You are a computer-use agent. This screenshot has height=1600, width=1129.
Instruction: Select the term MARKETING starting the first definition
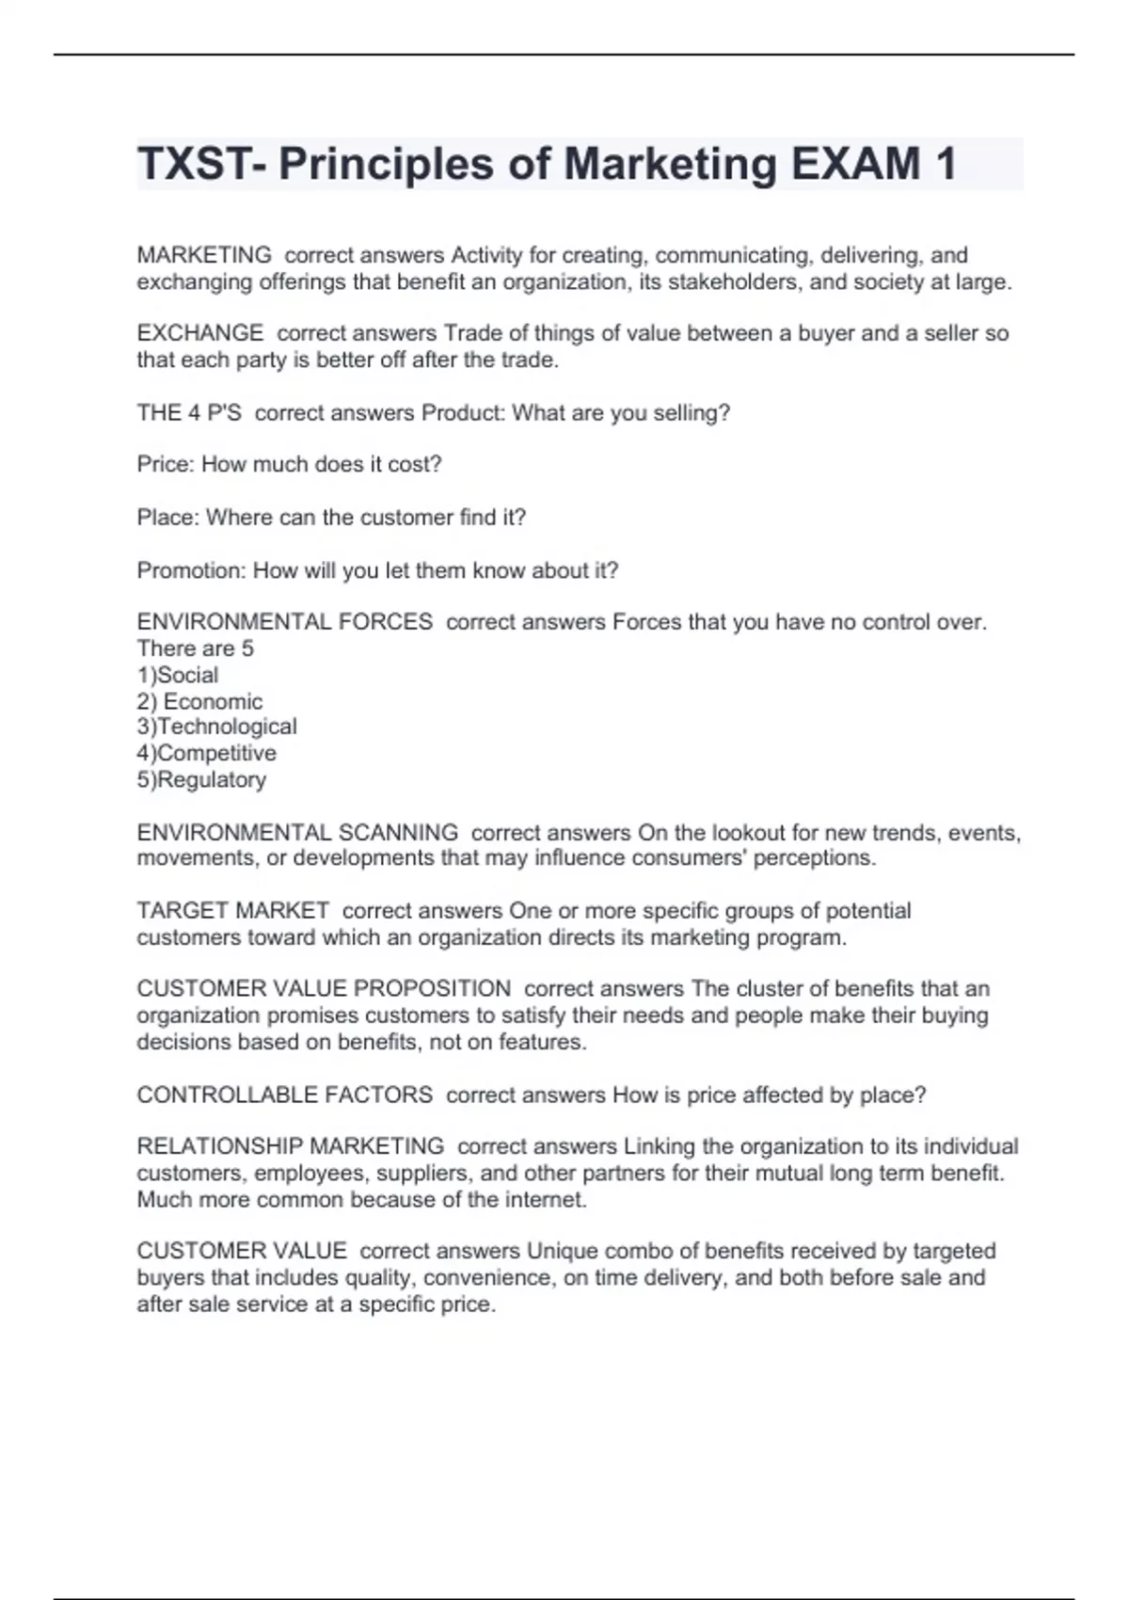(204, 255)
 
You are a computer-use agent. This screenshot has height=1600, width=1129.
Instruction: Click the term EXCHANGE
(200, 333)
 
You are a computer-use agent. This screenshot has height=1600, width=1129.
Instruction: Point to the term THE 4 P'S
(189, 413)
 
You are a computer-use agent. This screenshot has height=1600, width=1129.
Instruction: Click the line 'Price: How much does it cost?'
(289, 464)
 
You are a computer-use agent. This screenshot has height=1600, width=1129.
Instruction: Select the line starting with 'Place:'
(331, 517)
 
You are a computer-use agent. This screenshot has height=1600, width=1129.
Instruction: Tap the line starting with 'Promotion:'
(377, 570)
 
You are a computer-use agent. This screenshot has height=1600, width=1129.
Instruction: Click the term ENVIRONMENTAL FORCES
(285, 622)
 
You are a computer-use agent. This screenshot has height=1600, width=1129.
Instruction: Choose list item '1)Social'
(178, 675)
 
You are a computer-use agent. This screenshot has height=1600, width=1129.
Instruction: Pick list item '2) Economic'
(199, 701)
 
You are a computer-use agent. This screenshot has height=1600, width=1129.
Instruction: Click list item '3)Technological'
(216, 727)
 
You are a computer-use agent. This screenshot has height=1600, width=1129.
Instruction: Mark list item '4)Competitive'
(207, 753)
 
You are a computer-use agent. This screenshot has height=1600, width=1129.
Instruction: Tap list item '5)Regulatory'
(201, 779)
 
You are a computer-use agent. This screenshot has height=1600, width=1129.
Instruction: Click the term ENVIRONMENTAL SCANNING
(297, 833)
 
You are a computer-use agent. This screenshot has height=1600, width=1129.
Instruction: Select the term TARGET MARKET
(233, 911)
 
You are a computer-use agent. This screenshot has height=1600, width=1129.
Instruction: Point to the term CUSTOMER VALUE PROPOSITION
(324, 989)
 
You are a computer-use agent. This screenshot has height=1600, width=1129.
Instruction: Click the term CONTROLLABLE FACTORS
(285, 1095)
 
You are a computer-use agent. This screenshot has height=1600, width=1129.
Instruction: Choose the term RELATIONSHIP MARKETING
(291, 1146)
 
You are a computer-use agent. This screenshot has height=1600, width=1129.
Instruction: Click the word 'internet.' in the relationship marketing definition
(546, 1200)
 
